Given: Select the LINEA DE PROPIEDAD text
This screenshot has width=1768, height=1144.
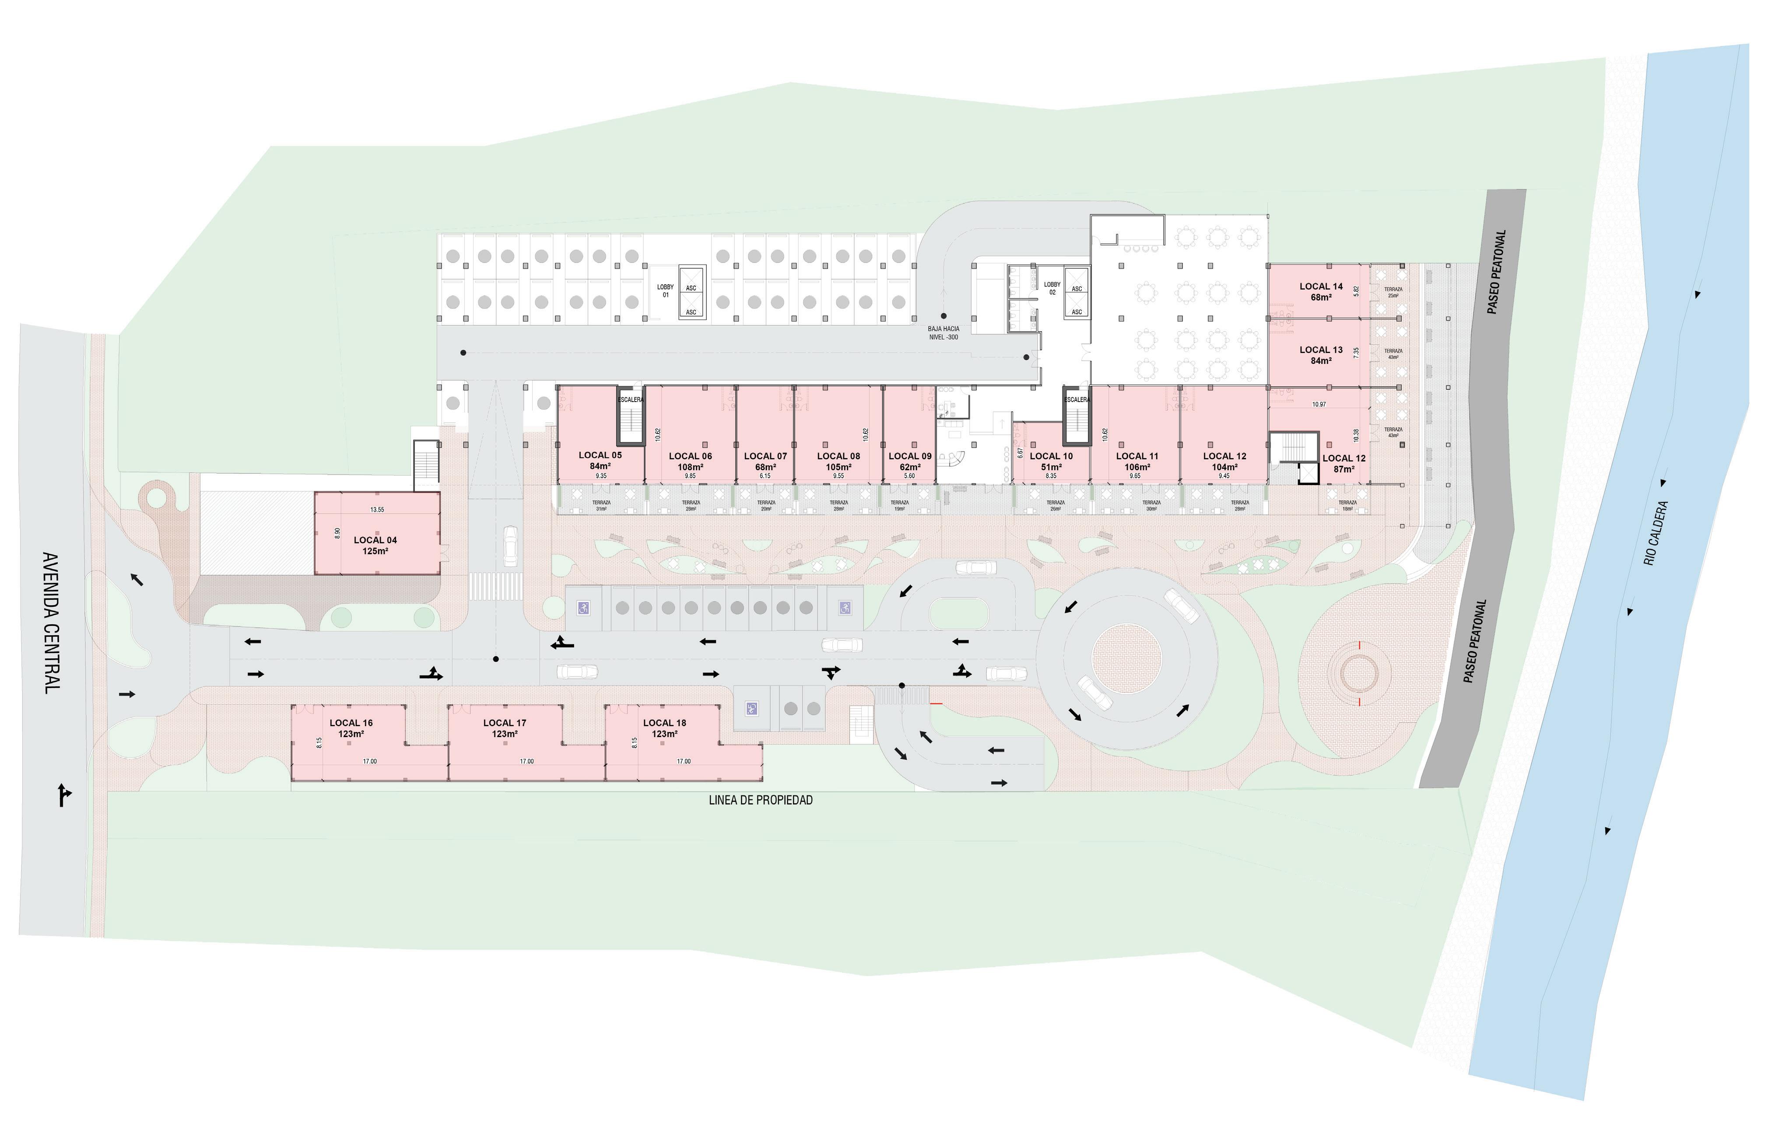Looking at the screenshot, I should [761, 800].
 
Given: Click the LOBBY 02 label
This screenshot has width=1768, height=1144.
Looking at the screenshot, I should [1052, 288].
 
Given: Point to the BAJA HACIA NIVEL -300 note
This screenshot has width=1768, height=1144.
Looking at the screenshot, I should [944, 332].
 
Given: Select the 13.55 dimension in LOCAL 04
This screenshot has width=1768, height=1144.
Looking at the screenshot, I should [377, 509].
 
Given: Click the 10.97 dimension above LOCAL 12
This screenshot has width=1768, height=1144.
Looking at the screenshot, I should [1319, 405].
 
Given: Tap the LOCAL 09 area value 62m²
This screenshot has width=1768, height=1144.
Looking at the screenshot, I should [910, 467].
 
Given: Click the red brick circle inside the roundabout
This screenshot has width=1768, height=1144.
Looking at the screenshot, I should [1126, 658].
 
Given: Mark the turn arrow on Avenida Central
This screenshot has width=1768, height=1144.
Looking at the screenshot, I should [65, 794].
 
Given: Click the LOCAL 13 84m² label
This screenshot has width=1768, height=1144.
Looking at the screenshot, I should [1321, 355].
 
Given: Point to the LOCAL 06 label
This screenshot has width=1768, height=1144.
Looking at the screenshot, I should [690, 456].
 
